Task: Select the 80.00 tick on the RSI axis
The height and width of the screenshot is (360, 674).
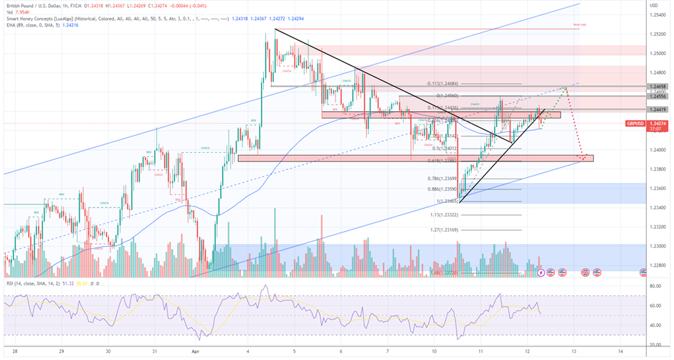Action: [655, 286]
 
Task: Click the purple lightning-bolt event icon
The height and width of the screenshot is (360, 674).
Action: [539, 273]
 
